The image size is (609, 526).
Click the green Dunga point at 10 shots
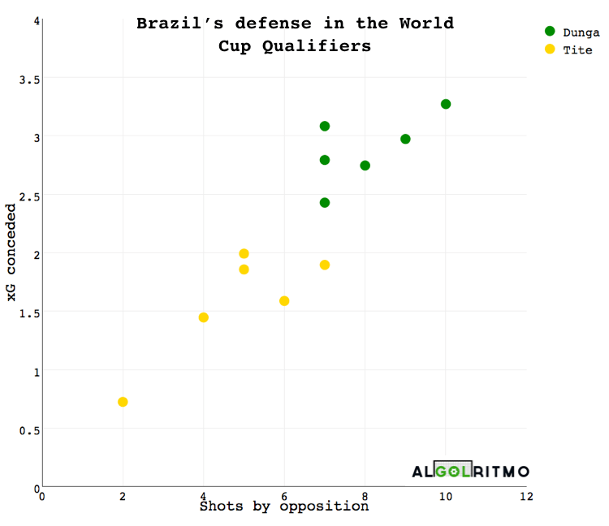pos(446,104)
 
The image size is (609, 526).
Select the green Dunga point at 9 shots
pos(405,139)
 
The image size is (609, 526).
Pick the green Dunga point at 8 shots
pos(365,166)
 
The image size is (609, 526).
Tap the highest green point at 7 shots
pos(325,126)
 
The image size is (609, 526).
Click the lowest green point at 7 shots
pos(325,202)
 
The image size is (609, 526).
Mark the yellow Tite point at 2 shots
pos(123,402)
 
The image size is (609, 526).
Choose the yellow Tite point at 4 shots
pos(204,317)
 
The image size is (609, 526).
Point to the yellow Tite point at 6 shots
pos(284,301)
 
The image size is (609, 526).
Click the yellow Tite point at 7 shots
pos(325,265)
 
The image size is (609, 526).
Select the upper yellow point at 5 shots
pos(244,253)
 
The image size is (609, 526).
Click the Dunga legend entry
pos(572,32)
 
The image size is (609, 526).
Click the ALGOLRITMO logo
pos(470,471)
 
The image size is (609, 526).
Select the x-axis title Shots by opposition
pos(284,507)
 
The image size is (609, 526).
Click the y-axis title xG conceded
pos(11,252)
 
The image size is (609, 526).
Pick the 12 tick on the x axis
pos(526,495)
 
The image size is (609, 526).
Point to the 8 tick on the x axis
pos(365,495)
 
